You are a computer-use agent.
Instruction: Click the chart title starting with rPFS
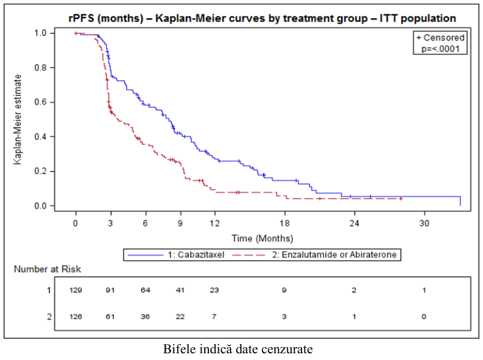coord(262,18)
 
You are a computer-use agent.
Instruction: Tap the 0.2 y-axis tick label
coord(40,171)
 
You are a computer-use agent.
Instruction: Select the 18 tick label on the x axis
coord(285,223)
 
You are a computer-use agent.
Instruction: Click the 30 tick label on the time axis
coord(424,223)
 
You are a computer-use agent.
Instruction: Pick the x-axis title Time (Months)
coord(262,238)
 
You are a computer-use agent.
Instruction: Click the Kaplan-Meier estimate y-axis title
coord(18,119)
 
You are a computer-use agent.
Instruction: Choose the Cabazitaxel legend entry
coord(176,255)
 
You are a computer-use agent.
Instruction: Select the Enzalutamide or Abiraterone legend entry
coord(314,255)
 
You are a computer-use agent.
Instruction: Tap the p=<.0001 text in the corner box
coord(440,49)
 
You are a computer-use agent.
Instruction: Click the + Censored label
coord(440,37)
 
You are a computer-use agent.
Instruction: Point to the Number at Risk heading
coord(48,269)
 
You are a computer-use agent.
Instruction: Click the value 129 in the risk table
coord(76,290)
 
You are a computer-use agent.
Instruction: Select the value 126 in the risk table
coord(76,317)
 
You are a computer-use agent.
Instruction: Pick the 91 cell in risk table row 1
coord(110,290)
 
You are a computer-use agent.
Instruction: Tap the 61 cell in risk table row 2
coord(110,317)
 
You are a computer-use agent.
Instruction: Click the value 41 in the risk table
coord(180,290)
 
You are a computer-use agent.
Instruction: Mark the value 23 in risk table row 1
coord(215,290)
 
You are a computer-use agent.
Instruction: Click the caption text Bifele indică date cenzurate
coord(238,349)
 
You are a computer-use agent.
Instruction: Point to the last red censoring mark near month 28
coord(400,199)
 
